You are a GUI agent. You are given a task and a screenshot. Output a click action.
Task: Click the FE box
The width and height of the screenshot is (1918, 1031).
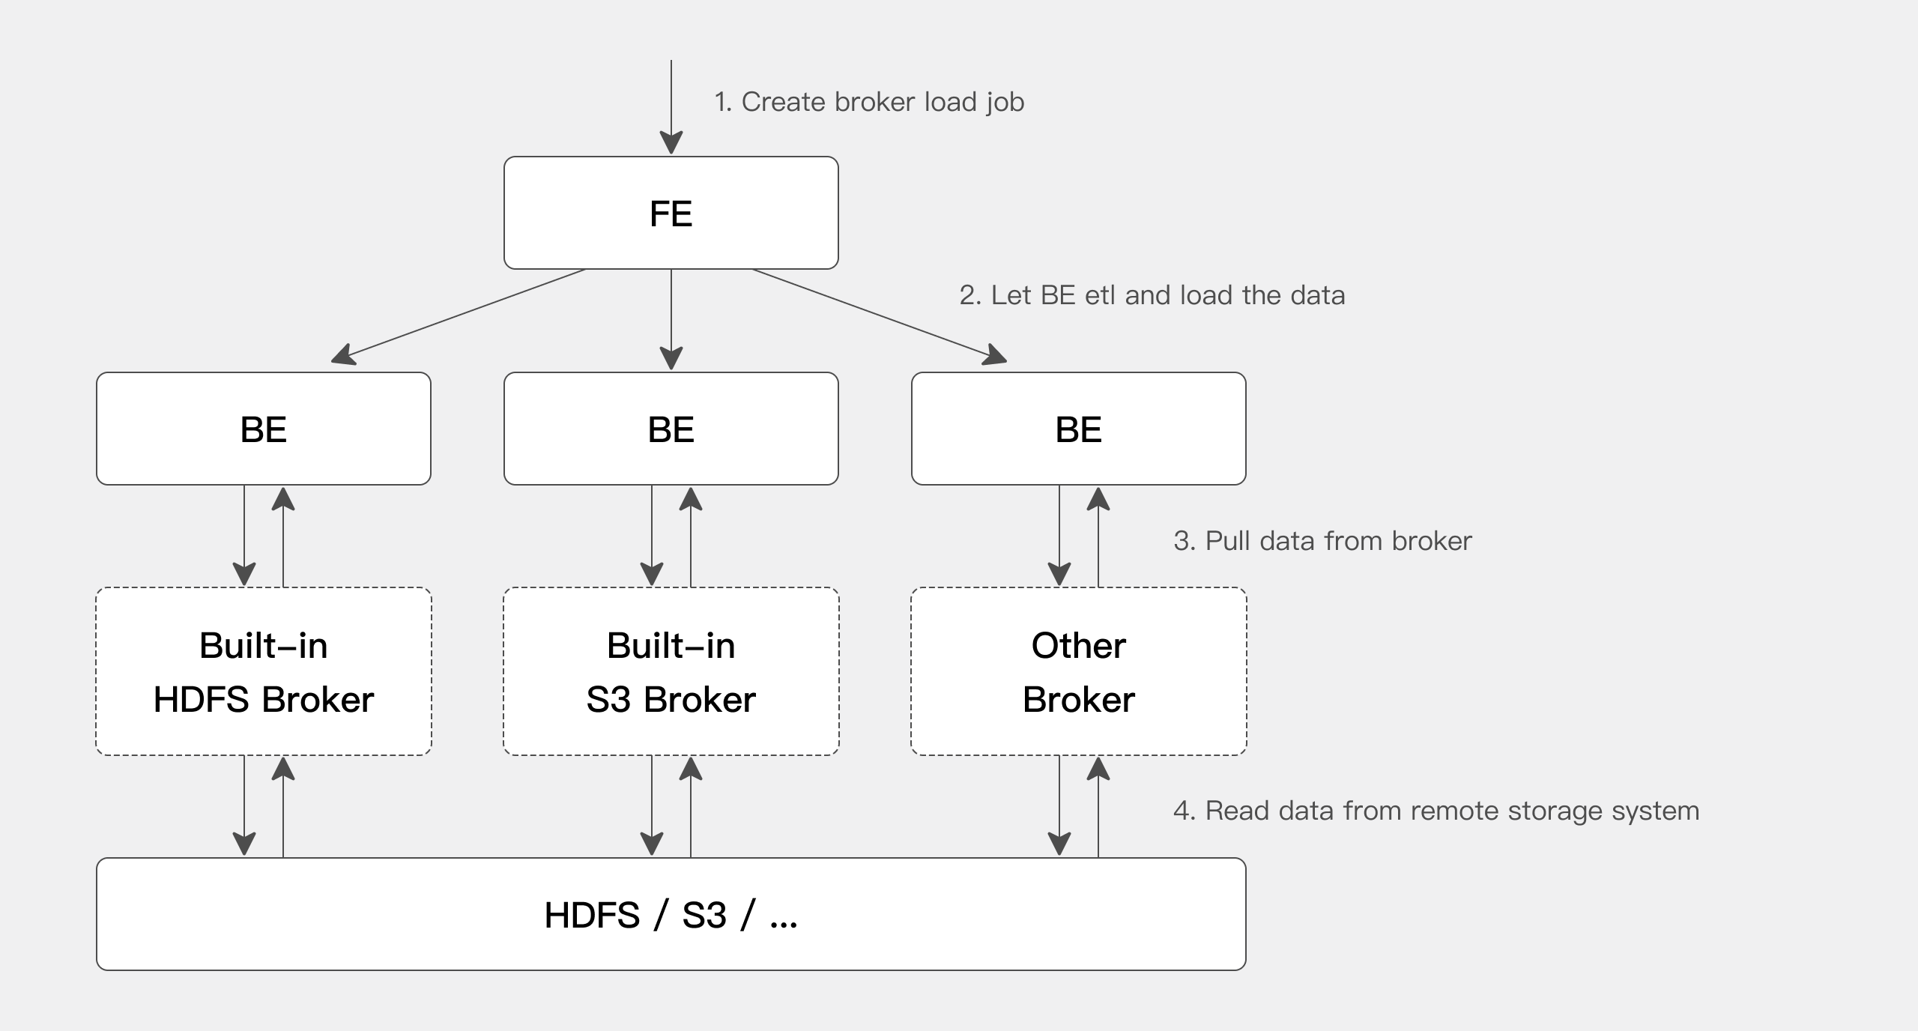(671, 213)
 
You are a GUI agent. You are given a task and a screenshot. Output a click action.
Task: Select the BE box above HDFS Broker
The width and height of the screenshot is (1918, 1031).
(263, 429)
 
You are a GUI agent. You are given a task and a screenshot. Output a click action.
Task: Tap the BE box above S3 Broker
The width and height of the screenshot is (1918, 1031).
(671, 429)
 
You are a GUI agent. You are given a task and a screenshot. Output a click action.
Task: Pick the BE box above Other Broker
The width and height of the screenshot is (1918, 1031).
(1078, 429)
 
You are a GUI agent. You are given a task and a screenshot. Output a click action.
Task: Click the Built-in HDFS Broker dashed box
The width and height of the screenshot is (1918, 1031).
(263, 671)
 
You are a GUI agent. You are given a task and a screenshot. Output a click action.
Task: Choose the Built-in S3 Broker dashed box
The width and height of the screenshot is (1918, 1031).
(671, 671)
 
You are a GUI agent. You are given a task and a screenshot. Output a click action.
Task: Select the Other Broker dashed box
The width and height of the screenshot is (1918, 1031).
(1078, 671)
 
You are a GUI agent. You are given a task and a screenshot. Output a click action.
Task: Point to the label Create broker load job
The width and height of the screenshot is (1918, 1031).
(869, 102)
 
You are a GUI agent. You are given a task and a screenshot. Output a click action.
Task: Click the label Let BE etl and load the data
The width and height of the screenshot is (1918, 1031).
(1152, 295)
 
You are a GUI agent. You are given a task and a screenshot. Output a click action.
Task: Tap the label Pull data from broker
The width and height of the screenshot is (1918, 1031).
(1322, 541)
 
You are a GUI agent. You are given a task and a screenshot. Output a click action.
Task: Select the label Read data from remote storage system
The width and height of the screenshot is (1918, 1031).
(1436, 811)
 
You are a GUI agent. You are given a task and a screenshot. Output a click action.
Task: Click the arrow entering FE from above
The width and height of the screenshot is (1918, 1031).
(671, 105)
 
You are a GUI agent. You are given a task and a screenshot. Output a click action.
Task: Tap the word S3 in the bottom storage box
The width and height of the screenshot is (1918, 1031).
(704, 916)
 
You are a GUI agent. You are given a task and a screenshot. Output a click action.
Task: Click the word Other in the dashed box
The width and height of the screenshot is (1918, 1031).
(1078, 645)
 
